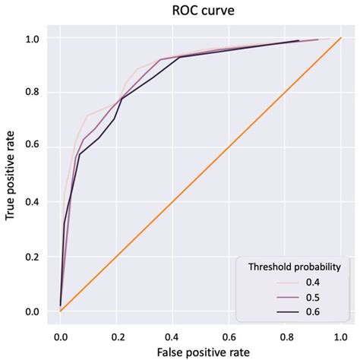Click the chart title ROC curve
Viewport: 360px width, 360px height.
coord(199,11)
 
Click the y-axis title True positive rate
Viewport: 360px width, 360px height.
coord(12,174)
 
